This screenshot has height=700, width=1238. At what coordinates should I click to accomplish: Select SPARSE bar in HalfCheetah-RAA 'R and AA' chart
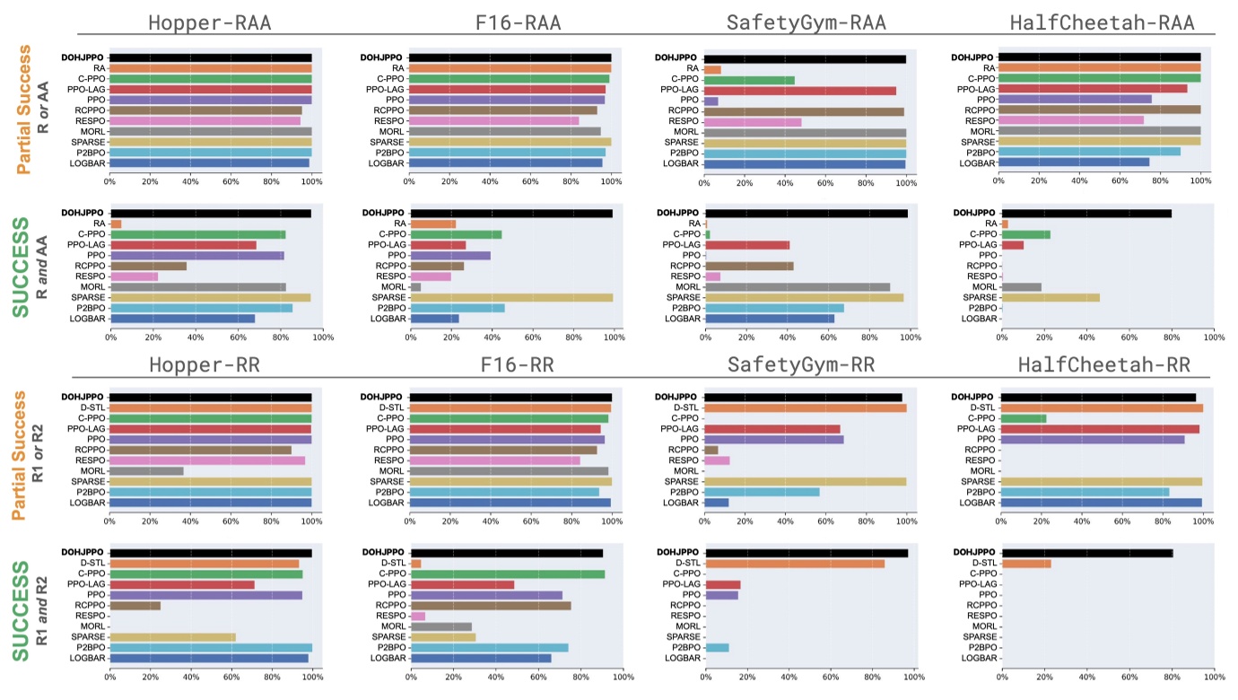pos(1051,297)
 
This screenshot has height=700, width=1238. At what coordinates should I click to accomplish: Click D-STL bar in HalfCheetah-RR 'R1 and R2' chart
pos(1026,564)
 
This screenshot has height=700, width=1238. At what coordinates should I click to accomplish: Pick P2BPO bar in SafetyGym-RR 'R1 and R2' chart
pos(717,647)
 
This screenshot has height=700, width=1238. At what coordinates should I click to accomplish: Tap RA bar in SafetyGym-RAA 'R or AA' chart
pos(712,69)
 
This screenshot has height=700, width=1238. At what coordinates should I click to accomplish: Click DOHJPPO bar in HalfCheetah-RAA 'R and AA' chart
pos(1086,214)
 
